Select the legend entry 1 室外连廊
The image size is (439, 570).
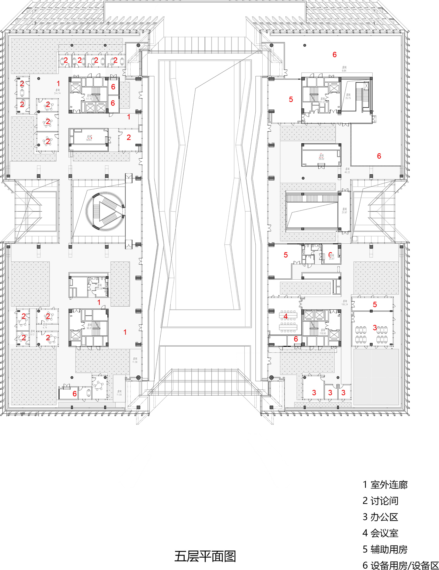tap(385, 485)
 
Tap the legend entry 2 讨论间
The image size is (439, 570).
tap(380, 501)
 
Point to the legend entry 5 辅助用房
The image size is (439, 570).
tap(385, 549)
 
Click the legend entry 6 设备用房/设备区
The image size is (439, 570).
tap(400, 565)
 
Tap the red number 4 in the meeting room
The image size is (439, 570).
tap(285, 316)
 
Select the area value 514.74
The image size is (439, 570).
tap(57, 93)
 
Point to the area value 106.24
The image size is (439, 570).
tap(344, 304)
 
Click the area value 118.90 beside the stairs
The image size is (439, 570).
tap(323, 333)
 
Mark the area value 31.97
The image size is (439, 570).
tap(344, 212)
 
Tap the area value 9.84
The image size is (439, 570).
tap(344, 71)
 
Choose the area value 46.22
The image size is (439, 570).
tap(347, 172)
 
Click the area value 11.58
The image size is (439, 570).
tap(135, 362)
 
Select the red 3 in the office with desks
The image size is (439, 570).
tap(375, 327)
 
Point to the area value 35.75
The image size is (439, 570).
tap(348, 98)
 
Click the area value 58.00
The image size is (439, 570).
tap(321, 159)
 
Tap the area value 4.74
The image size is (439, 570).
tap(45, 327)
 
